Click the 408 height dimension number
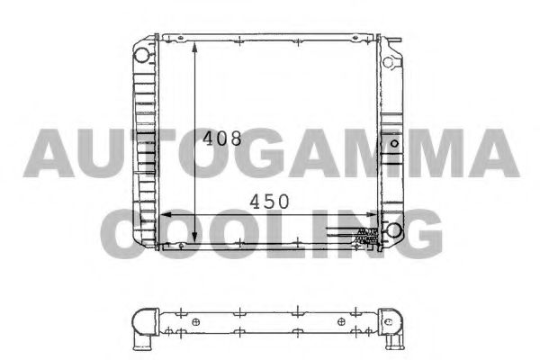(x=221, y=139)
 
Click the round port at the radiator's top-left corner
(x=141, y=55)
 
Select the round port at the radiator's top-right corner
(x=391, y=63)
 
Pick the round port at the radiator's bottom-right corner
(x=393, y=231)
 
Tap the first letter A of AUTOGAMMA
(x=48, y=152)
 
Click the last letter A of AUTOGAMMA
(x=490, y=152)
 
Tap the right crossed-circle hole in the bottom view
(x=340, y=322)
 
